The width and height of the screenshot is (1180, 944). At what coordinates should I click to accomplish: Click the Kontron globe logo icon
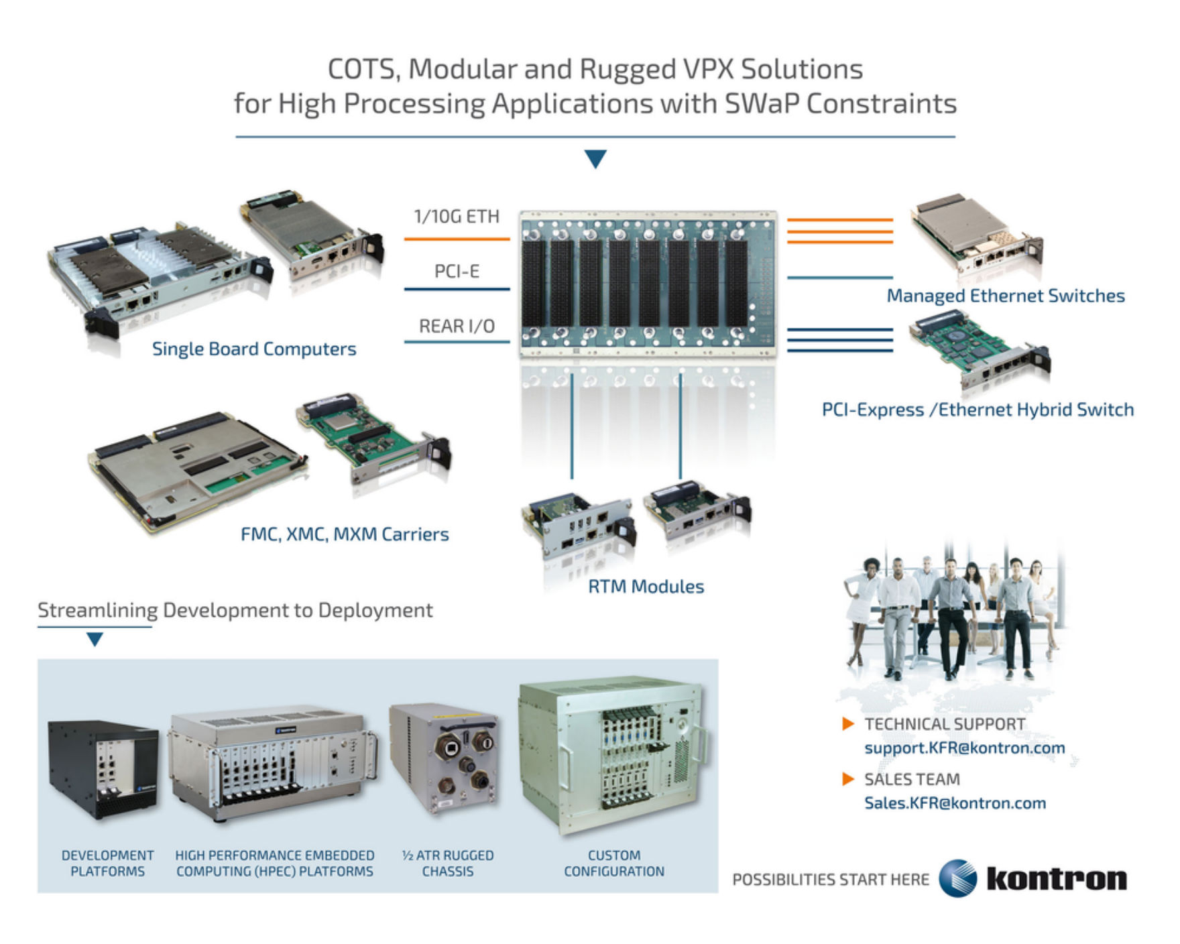point(957,878)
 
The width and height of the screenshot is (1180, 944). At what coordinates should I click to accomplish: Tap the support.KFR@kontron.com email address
point(964,748)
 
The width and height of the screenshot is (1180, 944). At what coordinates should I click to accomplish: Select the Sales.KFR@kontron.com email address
point(955,803)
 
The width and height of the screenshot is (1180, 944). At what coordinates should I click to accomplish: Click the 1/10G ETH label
point(457,217)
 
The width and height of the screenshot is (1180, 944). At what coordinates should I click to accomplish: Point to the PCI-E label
point(457,272)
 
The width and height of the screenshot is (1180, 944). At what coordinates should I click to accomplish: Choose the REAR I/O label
point(457,327)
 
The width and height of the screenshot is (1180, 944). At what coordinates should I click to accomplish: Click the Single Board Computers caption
point(254,349)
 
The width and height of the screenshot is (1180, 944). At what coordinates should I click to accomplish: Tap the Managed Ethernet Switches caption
point(1005,296)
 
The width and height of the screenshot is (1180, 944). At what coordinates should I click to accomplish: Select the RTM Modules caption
point(646,587)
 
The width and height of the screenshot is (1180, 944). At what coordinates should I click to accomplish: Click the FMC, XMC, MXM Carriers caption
point(345,534)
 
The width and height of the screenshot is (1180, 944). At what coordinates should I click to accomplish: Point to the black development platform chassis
point(104,770)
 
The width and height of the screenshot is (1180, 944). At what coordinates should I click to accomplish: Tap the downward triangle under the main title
point(595,159)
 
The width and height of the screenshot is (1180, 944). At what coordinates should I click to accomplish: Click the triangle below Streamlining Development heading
point(95,639)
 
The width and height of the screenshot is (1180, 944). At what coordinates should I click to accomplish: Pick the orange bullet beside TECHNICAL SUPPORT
point(848,724)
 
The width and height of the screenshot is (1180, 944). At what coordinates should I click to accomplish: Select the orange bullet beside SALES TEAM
point(848,779)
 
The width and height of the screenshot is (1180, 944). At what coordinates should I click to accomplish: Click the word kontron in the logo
point(1057,878)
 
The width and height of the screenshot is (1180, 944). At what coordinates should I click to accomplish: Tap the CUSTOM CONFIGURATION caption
point(614,864)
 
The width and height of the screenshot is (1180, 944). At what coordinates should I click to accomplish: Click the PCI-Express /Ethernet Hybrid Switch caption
point(978,410)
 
